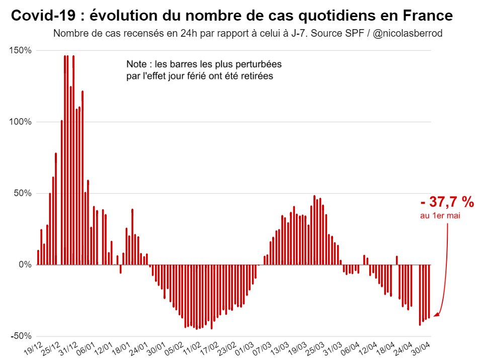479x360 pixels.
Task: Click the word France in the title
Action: (x=427, y=16)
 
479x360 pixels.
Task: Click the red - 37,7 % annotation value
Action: (x=447, y=203)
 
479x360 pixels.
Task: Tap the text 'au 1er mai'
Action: (x=440, y=216)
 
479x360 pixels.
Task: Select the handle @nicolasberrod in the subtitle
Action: (x=408, y=34)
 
